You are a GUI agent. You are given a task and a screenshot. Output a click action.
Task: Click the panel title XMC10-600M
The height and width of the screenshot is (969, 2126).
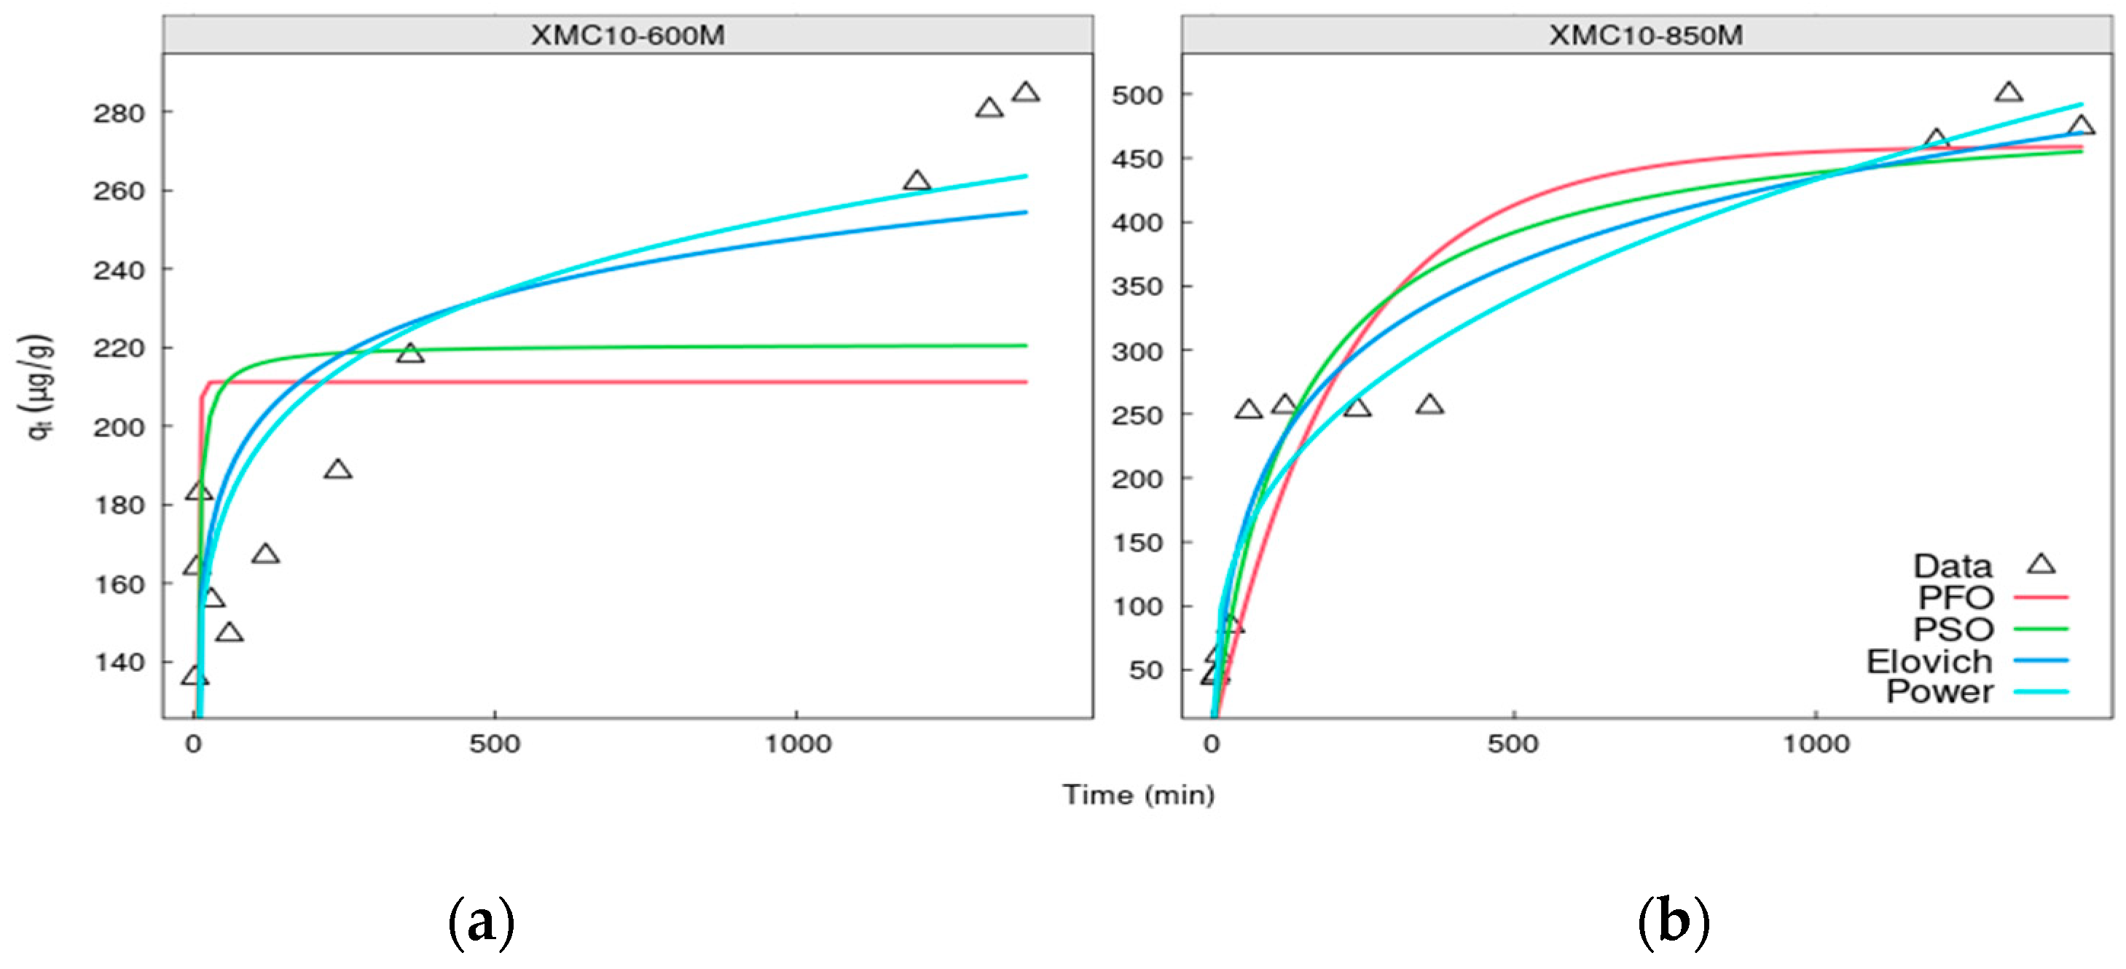point(627,36)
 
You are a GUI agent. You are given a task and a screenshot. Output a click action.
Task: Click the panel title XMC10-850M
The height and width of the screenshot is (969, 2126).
point(1646,36)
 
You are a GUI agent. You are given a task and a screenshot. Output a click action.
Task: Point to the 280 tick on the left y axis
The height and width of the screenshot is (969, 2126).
point(119,113)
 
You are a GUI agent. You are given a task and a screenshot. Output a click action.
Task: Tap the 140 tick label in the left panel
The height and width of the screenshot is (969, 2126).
point(119,663)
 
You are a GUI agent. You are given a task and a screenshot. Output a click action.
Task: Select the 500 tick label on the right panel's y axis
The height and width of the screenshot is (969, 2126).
point(1137,95)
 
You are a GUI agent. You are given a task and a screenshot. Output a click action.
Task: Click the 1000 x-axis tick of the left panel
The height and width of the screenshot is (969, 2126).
point(797,744)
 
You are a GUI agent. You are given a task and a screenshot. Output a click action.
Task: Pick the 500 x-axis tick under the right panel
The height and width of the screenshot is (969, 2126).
point(1513,744)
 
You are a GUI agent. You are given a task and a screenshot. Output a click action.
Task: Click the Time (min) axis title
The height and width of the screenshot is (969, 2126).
point(1138,795)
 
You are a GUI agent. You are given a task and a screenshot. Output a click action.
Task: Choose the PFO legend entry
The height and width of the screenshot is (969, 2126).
point(1956,597)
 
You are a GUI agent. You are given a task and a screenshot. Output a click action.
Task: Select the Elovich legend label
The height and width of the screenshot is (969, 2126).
point(1929,661)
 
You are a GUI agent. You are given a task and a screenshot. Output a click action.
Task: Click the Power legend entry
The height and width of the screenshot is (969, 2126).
point(1939,691)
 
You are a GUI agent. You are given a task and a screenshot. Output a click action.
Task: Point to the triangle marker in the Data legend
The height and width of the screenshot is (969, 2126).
point(2041,565)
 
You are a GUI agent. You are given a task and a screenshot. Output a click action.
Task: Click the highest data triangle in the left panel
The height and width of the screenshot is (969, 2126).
point(1025,93)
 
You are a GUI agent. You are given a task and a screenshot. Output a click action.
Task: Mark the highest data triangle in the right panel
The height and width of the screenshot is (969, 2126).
point(2008,93)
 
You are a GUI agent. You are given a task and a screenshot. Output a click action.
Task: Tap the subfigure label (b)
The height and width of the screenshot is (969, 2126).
point(1673,922)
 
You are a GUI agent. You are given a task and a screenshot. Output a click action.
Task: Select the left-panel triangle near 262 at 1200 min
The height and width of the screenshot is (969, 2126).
point(917,181)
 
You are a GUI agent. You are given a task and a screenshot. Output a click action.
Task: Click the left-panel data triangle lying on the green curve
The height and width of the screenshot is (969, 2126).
point(409,354)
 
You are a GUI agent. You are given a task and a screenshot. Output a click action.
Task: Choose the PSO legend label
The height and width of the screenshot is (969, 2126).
point(1953,629)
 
